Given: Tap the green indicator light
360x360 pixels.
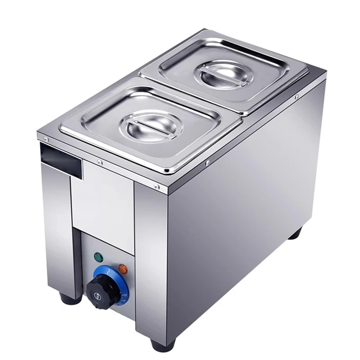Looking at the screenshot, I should click(x=98, y=257).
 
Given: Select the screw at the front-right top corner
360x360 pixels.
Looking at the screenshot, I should click(x=156, y=186).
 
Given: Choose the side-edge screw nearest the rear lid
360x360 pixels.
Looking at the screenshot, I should click(x=297, y=97).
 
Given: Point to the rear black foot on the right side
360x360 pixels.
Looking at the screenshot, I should click(x=295, y=234).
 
